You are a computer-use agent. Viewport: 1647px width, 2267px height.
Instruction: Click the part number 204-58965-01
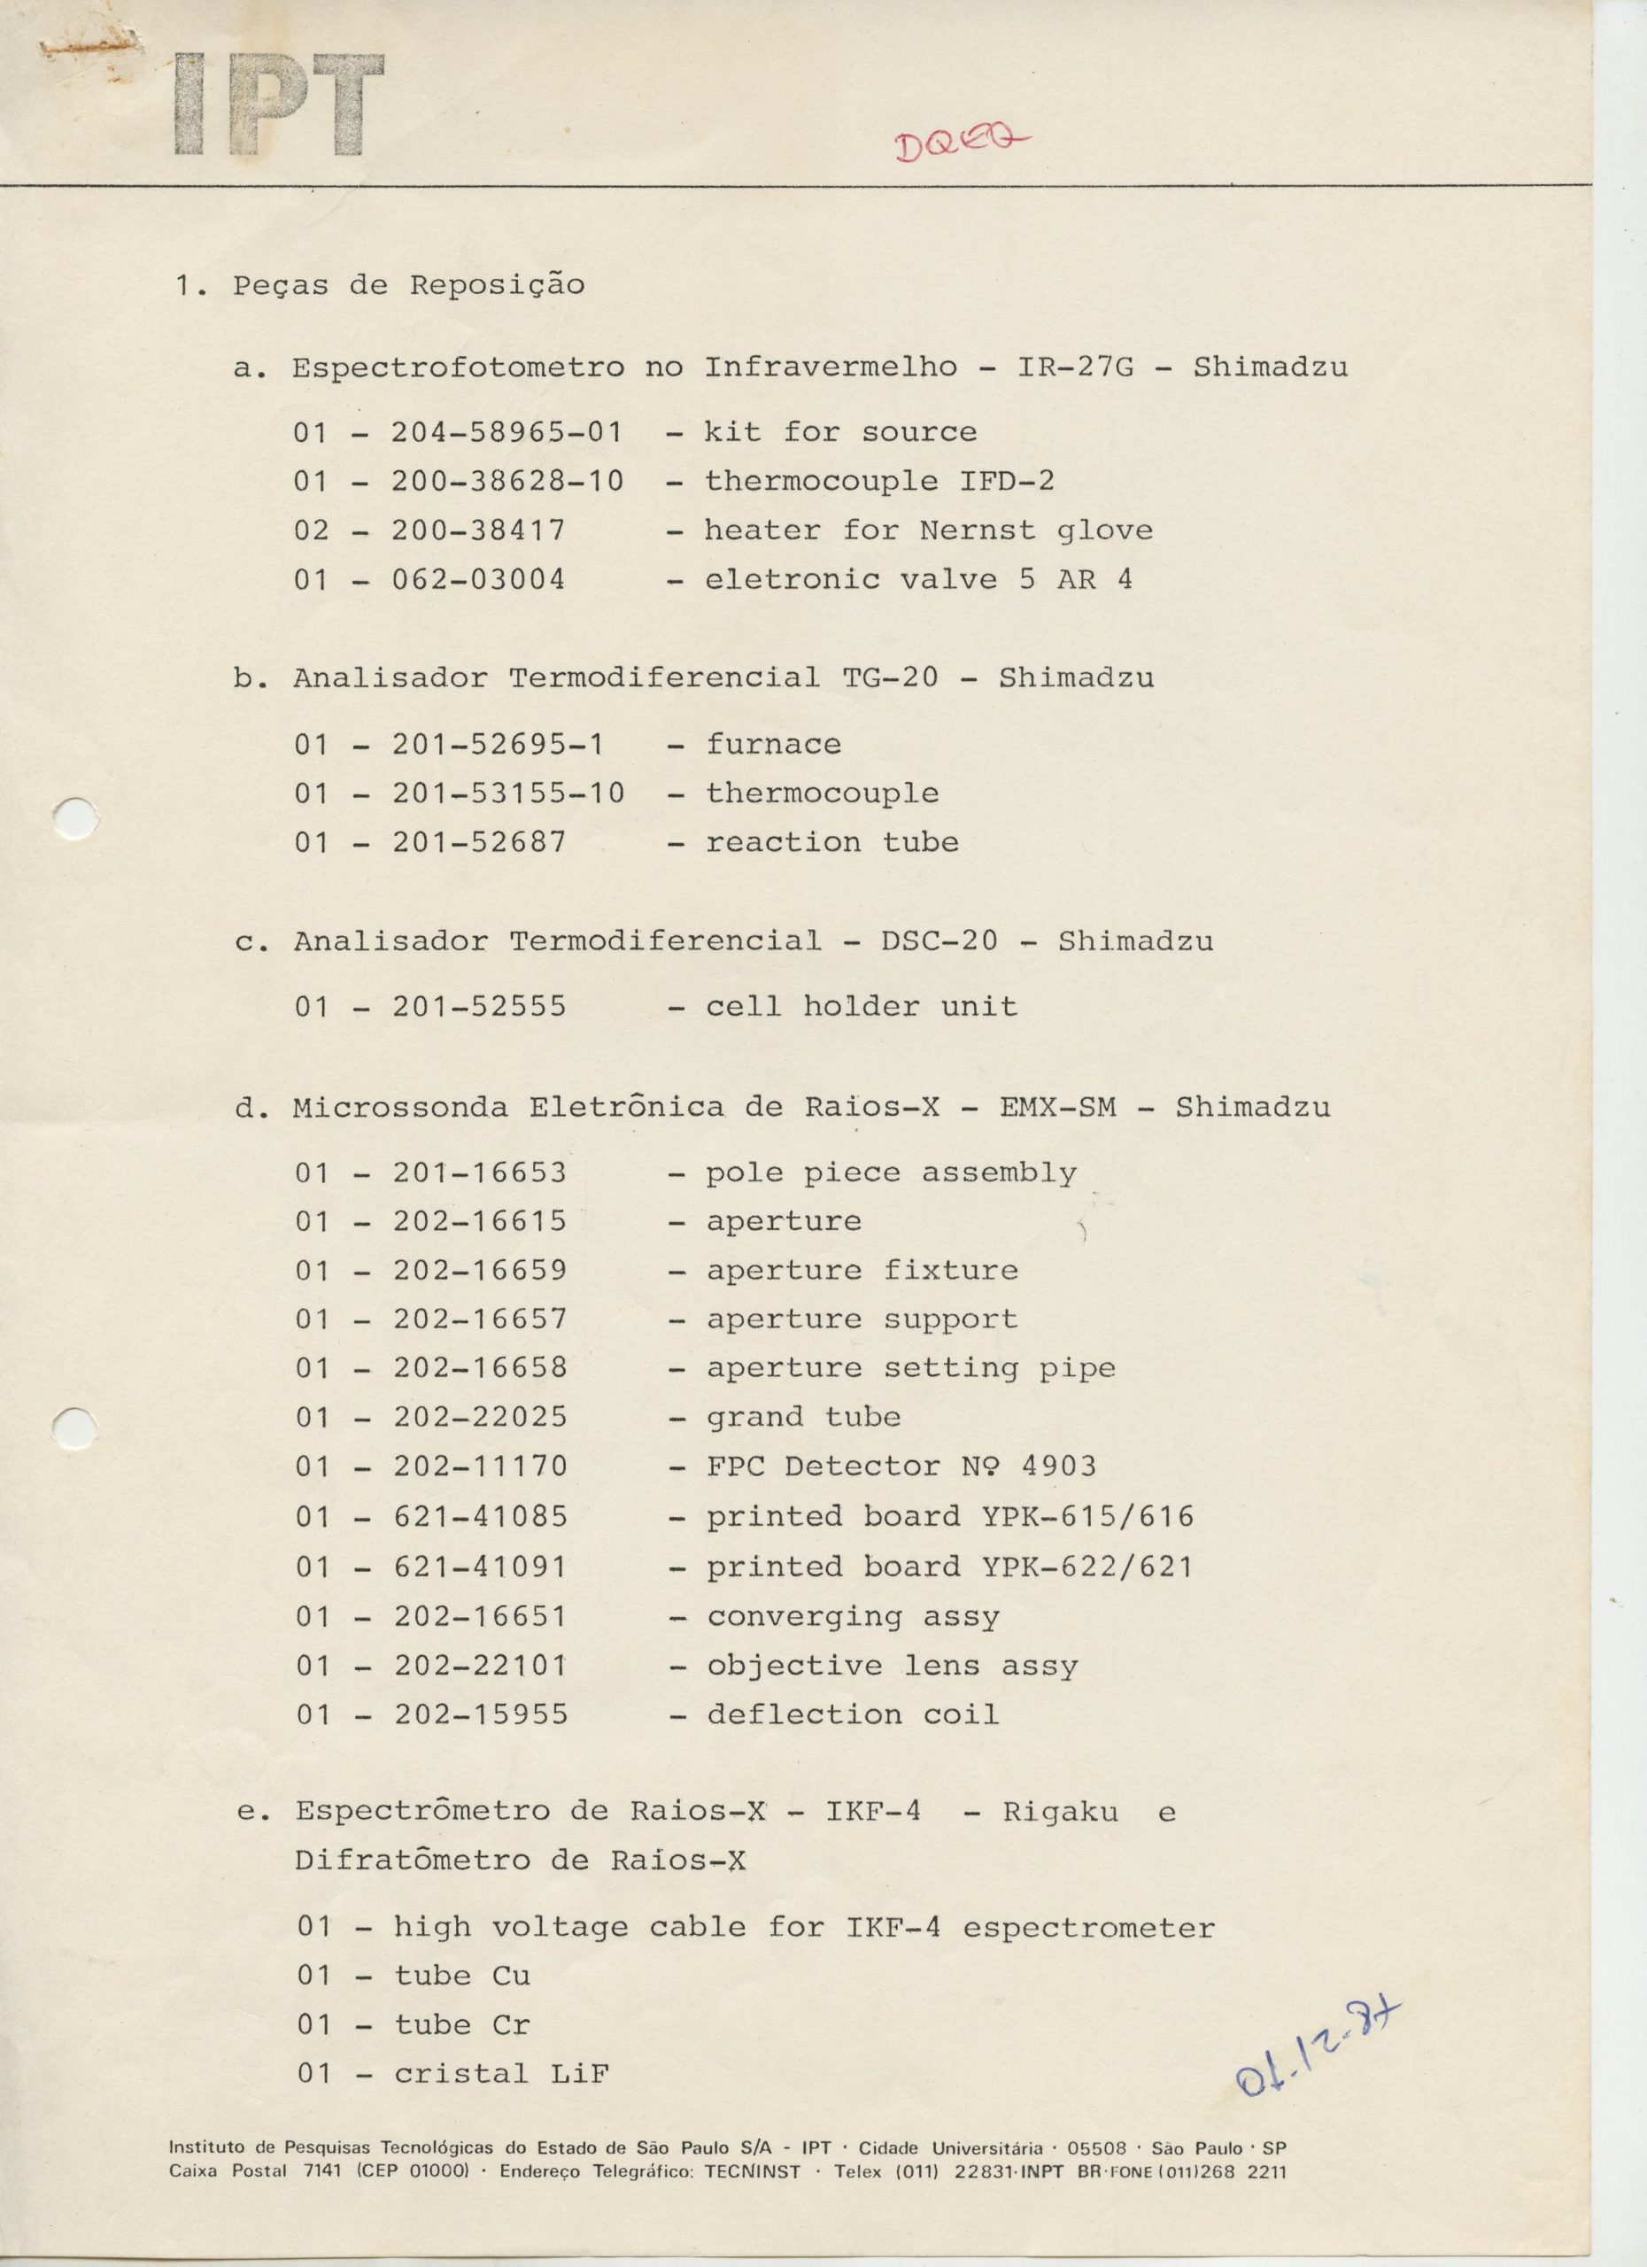coord(506,433)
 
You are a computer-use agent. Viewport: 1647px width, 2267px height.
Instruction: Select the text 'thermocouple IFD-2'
coord(879,482)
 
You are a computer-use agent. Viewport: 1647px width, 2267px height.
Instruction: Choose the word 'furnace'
coord(774,745)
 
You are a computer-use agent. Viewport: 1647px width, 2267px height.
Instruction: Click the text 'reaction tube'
coord(832,843)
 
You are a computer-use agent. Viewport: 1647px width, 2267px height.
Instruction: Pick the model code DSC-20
coord(939,941)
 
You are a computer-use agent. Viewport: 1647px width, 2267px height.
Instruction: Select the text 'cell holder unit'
coord(862,1007)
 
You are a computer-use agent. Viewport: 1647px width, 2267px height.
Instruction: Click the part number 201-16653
coord(480,1172)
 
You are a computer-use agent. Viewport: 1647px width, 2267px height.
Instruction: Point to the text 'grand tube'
coord(803,1418)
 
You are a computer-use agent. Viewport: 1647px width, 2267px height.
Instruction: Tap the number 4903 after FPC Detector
coord(1059,1466)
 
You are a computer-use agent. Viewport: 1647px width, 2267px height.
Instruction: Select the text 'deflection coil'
coord(853,1714)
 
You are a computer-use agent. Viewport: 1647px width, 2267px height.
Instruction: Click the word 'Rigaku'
coord(1060,1812)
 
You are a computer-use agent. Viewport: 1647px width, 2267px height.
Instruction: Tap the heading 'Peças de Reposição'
coord(409,286)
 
